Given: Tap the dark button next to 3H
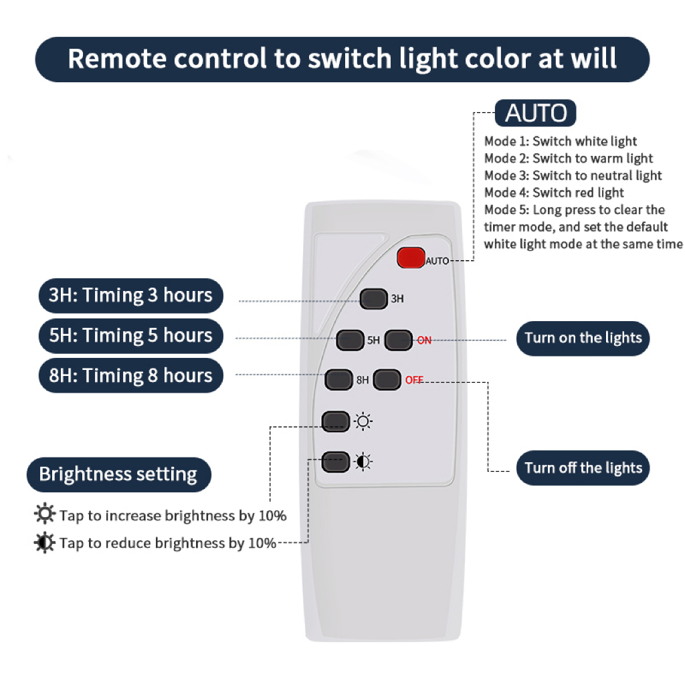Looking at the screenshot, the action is click(373, 299).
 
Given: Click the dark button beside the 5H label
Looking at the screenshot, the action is click(350, 340).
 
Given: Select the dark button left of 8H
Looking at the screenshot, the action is click(338, 380).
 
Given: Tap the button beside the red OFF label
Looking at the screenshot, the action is click(387, 380).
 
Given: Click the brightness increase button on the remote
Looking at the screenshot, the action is click(336, 421).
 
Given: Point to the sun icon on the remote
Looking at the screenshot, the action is click(363, 421).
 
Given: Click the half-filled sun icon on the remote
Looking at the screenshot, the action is click(363, 462).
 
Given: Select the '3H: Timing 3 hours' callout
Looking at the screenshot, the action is click(130, 296).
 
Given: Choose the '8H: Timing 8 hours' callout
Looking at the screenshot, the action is click(130, 376).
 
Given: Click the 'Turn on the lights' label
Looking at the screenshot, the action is click(583, 338).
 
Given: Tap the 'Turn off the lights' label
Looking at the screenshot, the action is click(583, 468).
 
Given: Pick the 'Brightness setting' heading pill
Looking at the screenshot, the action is click(119, 474).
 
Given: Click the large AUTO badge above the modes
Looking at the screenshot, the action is click(536, 113).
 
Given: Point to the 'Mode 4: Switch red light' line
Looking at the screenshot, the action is click(554, 193).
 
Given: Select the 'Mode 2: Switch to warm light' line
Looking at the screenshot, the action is click(569, 158).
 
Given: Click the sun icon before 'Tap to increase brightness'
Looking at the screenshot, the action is click(45, 514).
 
